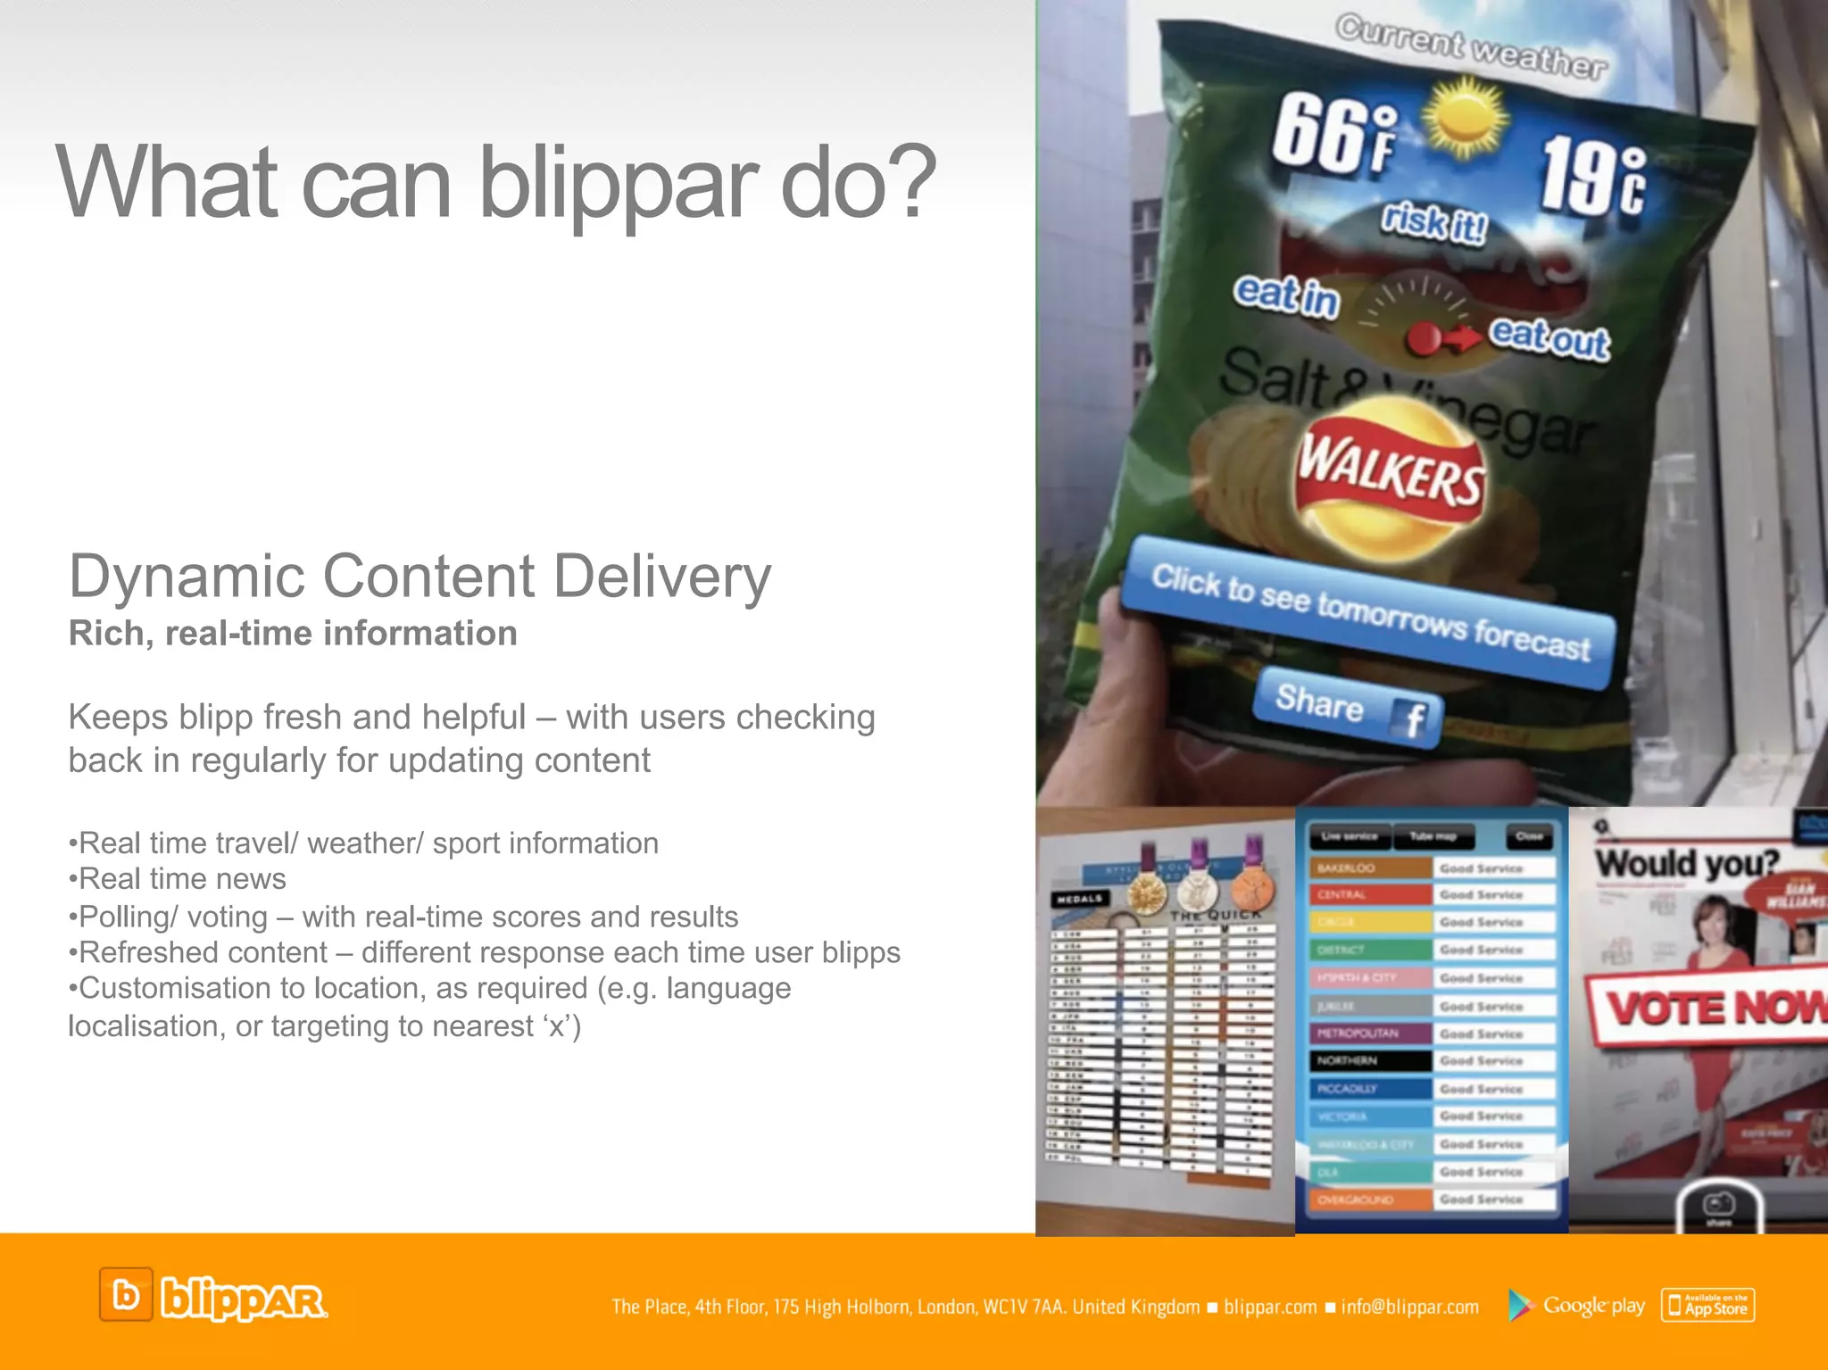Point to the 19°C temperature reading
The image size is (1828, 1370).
[x=1593, y=177]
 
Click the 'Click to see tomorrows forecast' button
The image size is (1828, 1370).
[x=1369, y=612]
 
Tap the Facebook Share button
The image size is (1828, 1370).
[x=1348, y=708]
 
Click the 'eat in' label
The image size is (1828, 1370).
[x=1286, y=296]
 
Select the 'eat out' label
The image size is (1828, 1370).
[x=1550, y=337]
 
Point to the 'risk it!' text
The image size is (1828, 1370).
[x=1433, y=222]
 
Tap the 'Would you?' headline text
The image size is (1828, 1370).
[x=1686, y=864]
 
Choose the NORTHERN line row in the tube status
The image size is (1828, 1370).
[x=1432, y=1061]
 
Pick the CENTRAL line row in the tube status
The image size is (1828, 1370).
[x=1432, y=894]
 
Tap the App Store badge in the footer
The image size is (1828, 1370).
[x=1708, y=1306]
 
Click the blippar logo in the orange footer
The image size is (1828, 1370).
[x=213, y=1296]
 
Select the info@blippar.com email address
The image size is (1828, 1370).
[x=1409, y=1308]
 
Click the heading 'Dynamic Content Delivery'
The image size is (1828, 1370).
[x=420, y=577]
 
